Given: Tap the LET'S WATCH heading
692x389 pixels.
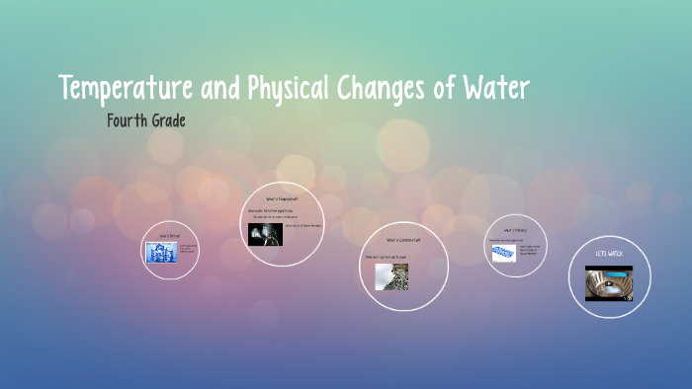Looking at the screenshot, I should tap(609, 254).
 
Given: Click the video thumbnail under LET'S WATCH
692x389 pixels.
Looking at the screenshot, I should tap(609, 281).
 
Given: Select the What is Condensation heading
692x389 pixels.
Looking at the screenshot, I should tap(403, 240).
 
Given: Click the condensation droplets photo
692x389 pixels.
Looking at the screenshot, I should tap(391, 276).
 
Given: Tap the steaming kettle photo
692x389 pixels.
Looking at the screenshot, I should tap(264, 234).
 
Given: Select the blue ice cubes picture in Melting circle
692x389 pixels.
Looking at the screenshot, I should tap(161, 253).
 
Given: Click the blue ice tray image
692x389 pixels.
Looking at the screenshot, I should tap(503, 253).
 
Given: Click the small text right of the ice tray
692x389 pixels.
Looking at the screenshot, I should tap(530, 251).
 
